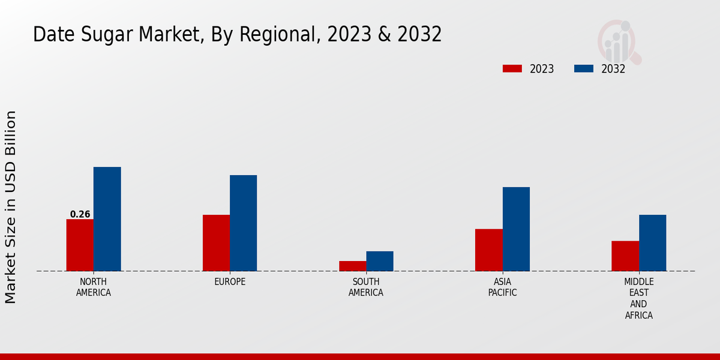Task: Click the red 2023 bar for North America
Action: tap(80, 245)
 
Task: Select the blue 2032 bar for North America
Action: tap(107, 219)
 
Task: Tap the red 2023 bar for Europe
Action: tap(216, 243)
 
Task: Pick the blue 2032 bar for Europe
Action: tap(243, 223)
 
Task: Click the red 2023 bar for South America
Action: tap(352, 266)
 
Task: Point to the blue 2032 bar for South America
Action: tap(380, 261)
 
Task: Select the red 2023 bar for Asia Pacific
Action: tap(488, 250)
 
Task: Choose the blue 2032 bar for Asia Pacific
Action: tap(516, 229)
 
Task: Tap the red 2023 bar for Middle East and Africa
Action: tap(625, 256)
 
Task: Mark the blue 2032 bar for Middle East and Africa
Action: tap(652, 243)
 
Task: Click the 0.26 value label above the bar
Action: tap(80, 214)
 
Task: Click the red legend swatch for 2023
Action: tap(512, 68)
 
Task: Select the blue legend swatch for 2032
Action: tap(583, 68)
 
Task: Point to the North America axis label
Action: tap(94, 287)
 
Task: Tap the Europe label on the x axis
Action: tap(230, 282)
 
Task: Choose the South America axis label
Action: tap(366, 287)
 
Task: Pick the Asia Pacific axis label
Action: tap(502, 287)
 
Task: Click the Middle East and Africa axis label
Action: tap(638, 298)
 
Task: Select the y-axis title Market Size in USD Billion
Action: tap(11, 207)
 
